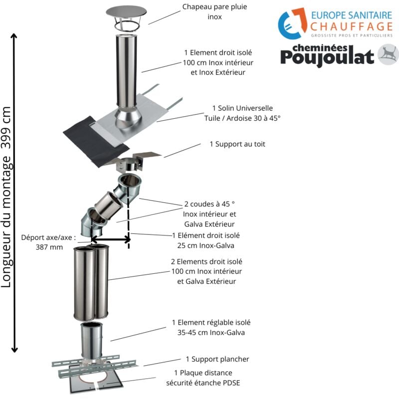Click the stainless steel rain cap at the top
[127, 13]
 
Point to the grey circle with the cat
[388, 54]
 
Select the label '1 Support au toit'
[237, 144]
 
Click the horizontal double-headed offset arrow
[110, 240]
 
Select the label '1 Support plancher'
[217, 359]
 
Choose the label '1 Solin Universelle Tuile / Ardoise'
[242, 113]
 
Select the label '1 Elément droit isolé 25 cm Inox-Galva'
[205, 240]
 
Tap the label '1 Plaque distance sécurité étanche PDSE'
[206, 378]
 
